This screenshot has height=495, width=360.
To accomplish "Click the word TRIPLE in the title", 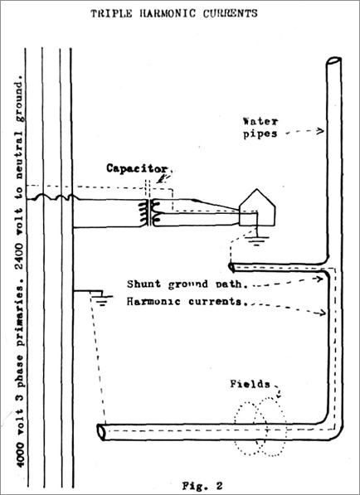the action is point(111,13).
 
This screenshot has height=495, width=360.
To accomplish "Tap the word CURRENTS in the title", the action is point(231,13).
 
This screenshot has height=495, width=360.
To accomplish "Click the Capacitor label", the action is point(137,168).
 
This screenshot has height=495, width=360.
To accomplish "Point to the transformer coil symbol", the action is point(148,213).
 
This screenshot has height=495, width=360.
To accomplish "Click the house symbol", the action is point(257,207).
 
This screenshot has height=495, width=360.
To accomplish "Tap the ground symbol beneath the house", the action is point(257,240).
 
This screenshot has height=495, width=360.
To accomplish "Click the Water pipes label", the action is point(260,128).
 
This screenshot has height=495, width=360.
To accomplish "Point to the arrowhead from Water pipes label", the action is point(320,130).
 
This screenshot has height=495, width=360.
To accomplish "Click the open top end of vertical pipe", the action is point(333,61).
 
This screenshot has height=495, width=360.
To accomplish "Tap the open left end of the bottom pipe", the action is point(101,432).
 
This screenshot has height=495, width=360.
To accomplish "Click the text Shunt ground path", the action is point(187,284).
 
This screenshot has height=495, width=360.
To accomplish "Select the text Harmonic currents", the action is point(184,302).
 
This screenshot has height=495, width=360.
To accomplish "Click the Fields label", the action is point(250,384).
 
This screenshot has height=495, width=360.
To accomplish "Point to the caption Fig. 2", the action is point(202,486).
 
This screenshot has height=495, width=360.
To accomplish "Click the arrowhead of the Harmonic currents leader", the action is point(322,313).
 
